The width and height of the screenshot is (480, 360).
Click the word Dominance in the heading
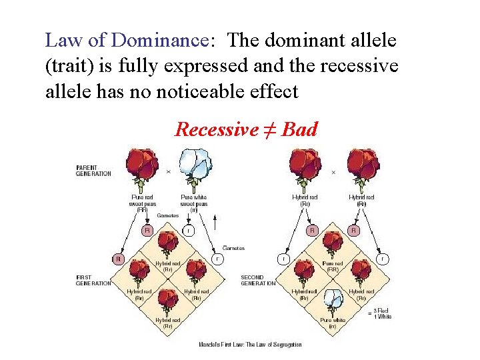(x=159, y=40)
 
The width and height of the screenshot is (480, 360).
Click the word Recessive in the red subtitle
(x=216, y=129)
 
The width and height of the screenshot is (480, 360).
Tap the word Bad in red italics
(x=299, y=129)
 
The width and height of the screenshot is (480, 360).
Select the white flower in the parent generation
(x=195, y=166)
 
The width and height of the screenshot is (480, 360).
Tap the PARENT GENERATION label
(x=93, y=171)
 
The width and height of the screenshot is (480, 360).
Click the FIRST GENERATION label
(x=93, y=281)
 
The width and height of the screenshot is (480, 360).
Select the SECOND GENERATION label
(x=258, y=281)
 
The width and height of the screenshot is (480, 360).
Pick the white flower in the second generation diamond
(x=332, y=301)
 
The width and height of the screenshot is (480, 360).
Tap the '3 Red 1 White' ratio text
(x=382, y=313)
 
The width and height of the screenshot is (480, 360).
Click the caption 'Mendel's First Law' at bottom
(x=250, y=345)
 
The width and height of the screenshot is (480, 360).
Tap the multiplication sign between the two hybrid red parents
(x=333, y=172)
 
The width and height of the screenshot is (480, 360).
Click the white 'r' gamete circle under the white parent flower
(x=189, y=230)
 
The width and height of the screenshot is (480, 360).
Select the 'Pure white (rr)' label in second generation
(x=332, y=323)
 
